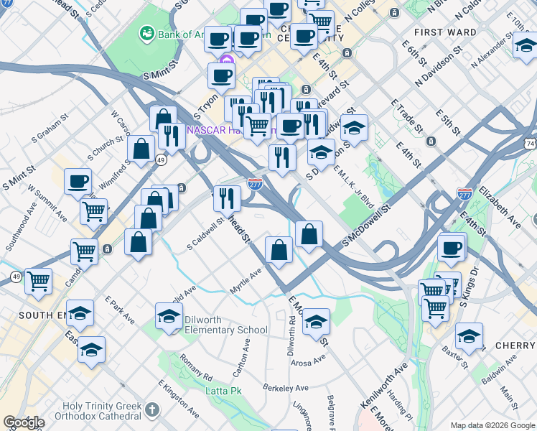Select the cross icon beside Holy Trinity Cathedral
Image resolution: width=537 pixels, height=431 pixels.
point(151,410)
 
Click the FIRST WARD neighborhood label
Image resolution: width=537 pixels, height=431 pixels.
point(445,32)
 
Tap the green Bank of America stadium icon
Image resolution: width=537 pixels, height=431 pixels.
point(147,33)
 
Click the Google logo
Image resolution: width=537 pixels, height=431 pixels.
point(24,422)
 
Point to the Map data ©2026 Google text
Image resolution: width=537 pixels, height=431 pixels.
point(492,425)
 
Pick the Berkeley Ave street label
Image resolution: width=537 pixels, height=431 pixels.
point(285,388)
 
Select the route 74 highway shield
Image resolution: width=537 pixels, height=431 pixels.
point(531,144)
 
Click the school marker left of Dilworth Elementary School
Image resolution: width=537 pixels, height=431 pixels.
point(169,316)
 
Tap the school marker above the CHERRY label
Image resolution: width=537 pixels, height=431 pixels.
point(469,336)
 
